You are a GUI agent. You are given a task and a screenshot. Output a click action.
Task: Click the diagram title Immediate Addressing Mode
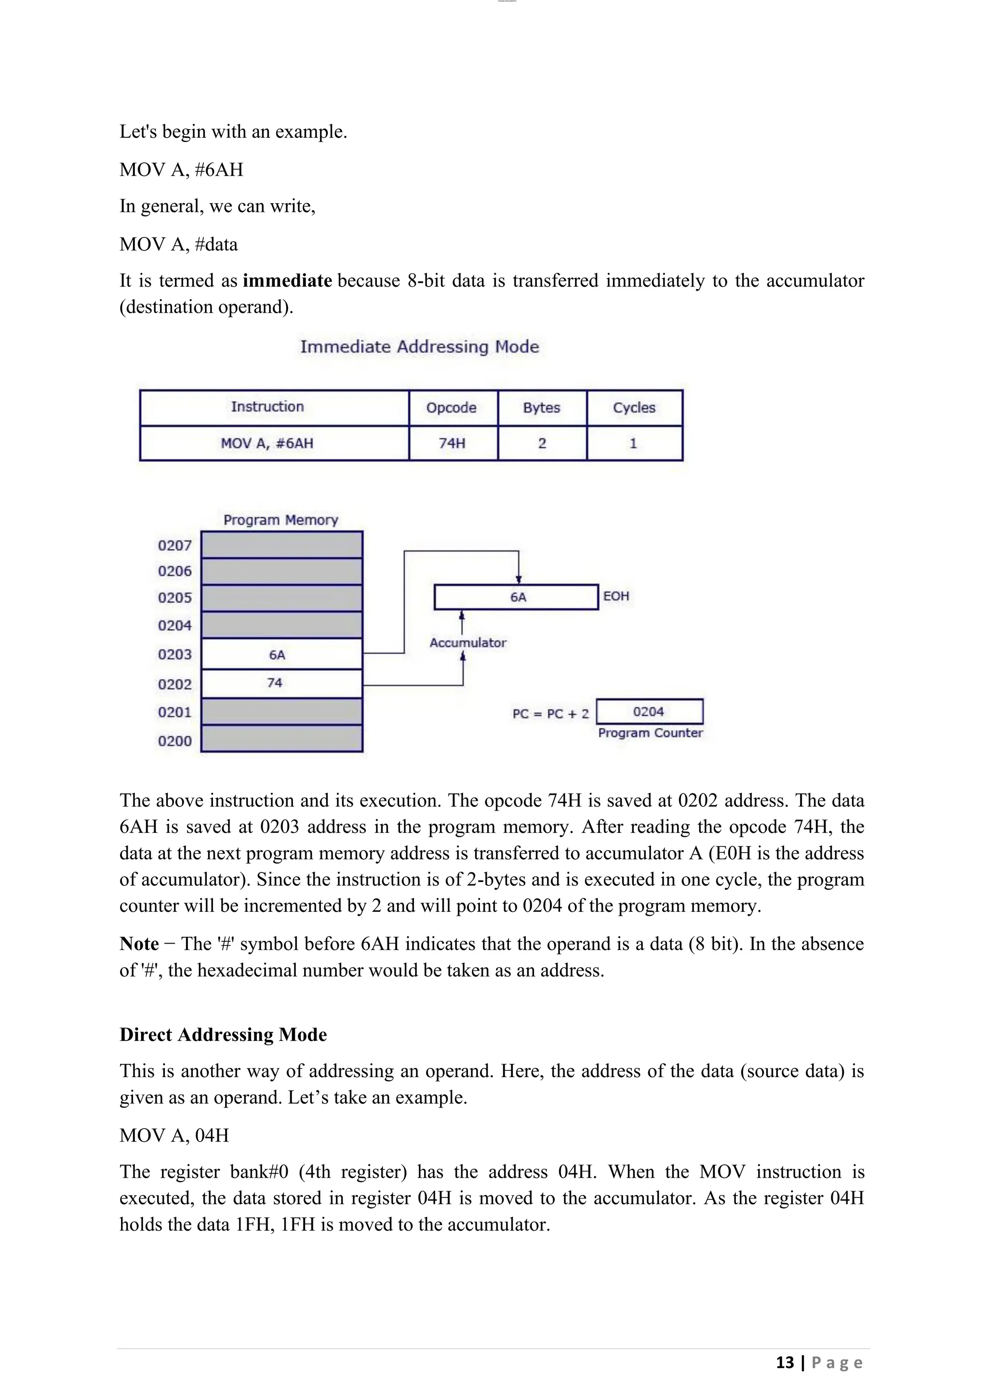419,347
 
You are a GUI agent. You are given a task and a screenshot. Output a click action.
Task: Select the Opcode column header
451,408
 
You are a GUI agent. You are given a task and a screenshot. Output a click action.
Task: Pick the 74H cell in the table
452,444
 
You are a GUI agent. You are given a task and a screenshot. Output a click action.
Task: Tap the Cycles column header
634,408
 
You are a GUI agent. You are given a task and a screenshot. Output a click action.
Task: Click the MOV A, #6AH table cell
267,444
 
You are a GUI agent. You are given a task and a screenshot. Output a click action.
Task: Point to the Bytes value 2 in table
542,444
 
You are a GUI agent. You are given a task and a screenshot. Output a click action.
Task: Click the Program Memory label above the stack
280,520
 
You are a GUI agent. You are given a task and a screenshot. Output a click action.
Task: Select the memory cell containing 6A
281,654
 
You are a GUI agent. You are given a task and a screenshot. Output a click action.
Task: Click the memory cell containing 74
281,684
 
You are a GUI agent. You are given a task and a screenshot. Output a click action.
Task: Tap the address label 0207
174,546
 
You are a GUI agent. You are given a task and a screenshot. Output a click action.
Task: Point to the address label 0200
174,741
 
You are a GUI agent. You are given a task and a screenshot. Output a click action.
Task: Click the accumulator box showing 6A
517,597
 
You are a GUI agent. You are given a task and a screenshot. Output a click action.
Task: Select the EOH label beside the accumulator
615,597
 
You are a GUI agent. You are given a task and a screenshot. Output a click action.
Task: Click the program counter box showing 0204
649,712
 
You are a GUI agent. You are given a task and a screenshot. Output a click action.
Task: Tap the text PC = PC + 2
550,714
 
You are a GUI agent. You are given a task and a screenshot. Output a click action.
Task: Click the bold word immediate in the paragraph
287,281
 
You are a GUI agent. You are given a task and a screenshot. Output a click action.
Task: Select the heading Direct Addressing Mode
223,1035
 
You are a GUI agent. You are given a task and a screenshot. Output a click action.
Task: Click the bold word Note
139,944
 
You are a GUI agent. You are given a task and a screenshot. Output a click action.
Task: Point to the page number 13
785,1363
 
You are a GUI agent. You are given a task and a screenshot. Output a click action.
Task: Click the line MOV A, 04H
174,1135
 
